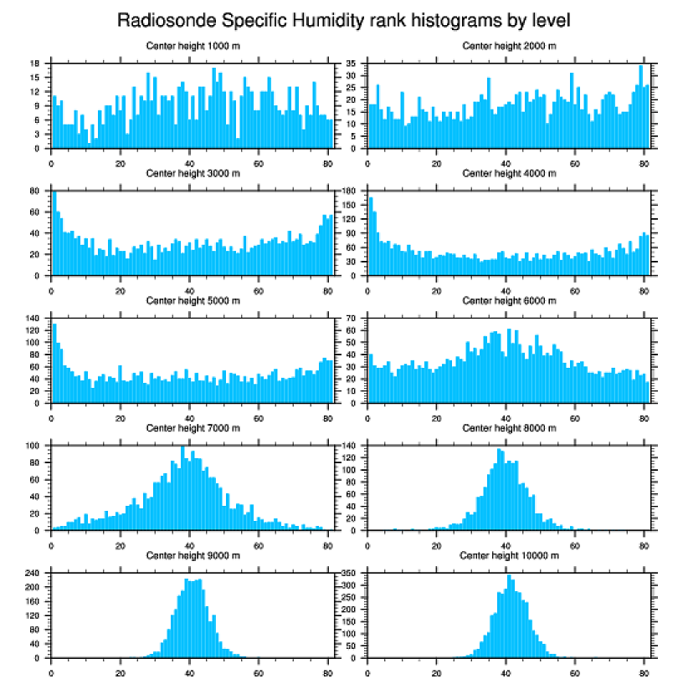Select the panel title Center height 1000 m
point(193,45)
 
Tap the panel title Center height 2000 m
point(509,45)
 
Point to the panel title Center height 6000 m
point(509,300)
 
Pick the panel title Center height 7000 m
point(193,428)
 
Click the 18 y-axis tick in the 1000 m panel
point(38,64)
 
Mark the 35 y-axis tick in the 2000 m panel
point(354,64)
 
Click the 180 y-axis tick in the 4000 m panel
point(352,191)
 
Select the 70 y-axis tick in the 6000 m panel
point(354,319)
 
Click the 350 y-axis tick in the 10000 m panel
point(352,574)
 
